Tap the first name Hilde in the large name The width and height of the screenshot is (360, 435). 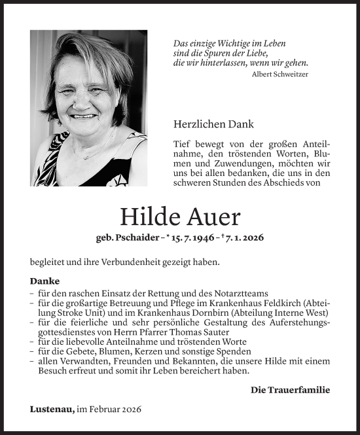pyautogui.click(x=148, y=217)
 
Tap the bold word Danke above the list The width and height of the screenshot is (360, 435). pyautogui.click(x=45, y=281)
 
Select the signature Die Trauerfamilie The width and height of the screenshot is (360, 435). pyautogui.click(x=290, y=390)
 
